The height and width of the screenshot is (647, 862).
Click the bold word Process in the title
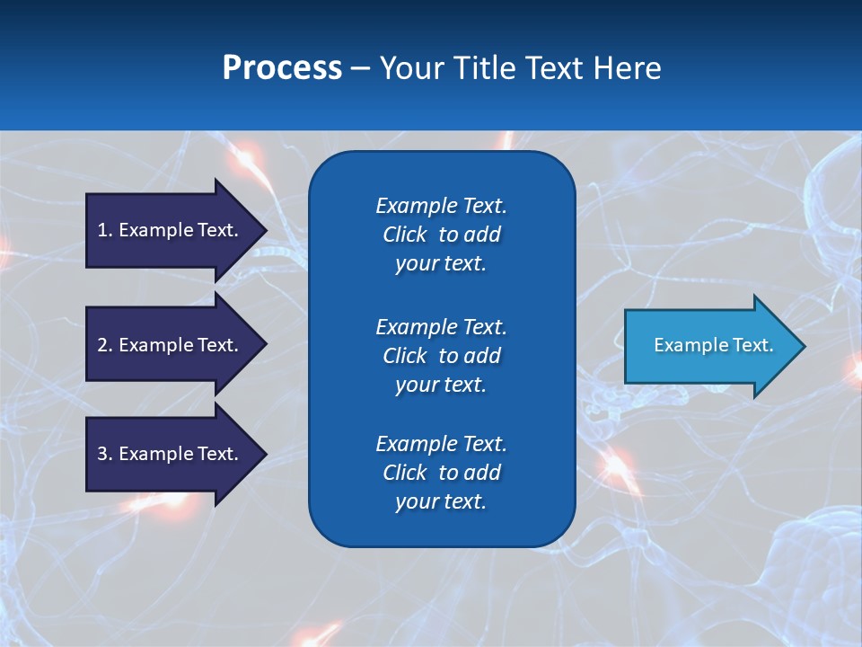(x=282, y=68)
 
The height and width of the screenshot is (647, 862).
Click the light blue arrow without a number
(x=709, y=346)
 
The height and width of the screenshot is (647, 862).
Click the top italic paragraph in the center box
(x=441, y=235)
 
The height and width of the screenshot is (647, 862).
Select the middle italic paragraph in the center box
(x=441, y=355)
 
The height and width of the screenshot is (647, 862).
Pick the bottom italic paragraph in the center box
(x=441, y=473)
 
